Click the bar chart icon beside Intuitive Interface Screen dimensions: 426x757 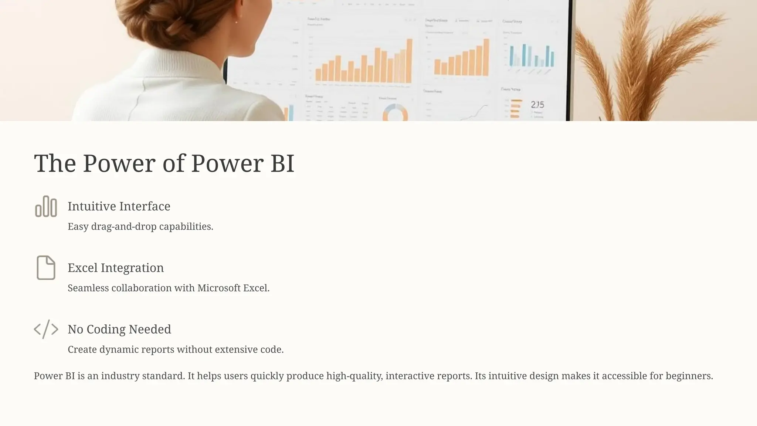click(46, 206)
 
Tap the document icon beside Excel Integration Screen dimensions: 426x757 click(46, 267)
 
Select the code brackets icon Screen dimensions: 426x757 click(46, 329)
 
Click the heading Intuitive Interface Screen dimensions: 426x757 click(119, 206)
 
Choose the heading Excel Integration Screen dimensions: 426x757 click(115, 268)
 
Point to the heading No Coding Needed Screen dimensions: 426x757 click(119, 329)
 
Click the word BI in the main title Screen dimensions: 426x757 click(282, 163)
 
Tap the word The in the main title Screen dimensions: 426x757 click(55, 163)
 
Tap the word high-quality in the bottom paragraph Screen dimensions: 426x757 click(356, 376)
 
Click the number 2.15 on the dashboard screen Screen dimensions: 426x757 click(537, 105)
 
